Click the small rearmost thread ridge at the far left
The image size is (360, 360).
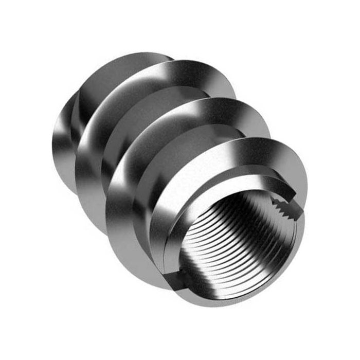pyautogui.click(x=62, y=139)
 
